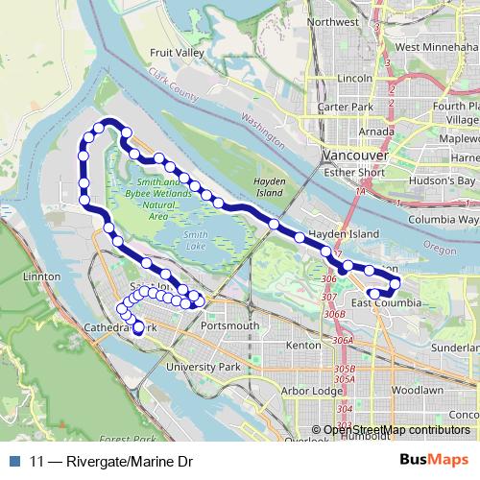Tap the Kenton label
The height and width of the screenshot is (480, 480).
click(302, 344)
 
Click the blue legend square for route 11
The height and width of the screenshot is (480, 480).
click(12, 461)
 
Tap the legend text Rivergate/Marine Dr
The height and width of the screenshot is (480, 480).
click(120, 461)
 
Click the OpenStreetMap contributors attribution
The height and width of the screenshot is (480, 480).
click(396, 430)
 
